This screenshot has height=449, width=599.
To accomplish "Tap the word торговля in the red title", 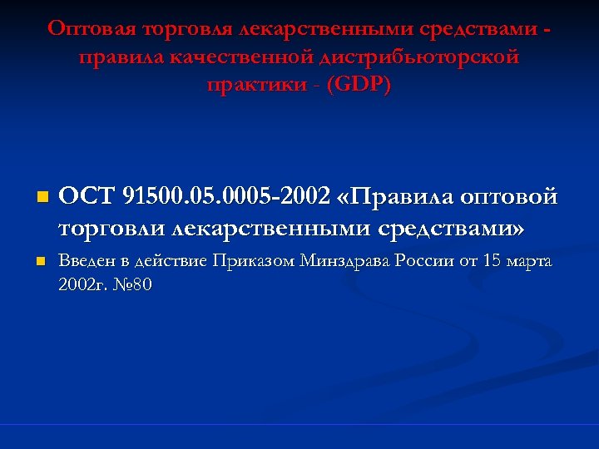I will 184,29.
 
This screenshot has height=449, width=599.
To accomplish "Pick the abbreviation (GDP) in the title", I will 359,86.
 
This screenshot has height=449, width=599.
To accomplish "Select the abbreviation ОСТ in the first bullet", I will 87,198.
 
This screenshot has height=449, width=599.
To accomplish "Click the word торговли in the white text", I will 106,226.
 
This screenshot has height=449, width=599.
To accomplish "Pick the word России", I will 425,261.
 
